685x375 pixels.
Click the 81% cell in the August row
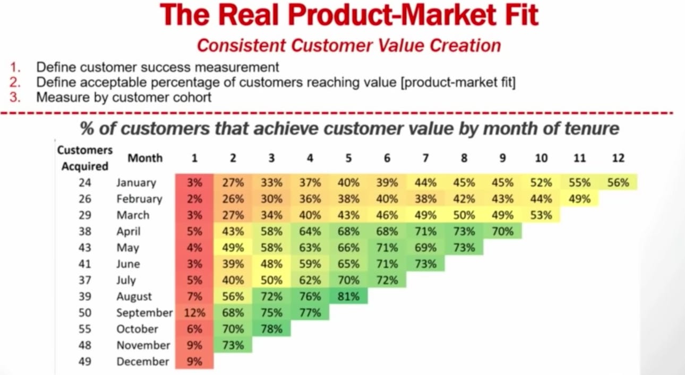[349, 296]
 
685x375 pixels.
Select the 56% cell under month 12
[618, 182]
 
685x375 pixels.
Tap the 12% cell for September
[194, 312]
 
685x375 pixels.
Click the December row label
[143, 361]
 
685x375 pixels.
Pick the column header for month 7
[425, 158]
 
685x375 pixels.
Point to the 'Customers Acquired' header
[85, 158]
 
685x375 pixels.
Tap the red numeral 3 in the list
[15, 98]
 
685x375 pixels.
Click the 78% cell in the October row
[271, 329]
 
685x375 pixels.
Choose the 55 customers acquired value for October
[85, 329]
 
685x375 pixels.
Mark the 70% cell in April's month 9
[502, 231]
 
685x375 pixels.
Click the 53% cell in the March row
[541, 215]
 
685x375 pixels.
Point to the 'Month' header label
[145, 158]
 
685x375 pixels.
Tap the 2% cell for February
[194, 199]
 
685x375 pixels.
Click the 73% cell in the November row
[233, 345]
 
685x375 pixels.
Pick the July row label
[126, 280]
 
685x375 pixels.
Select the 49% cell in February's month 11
[579, 199]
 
